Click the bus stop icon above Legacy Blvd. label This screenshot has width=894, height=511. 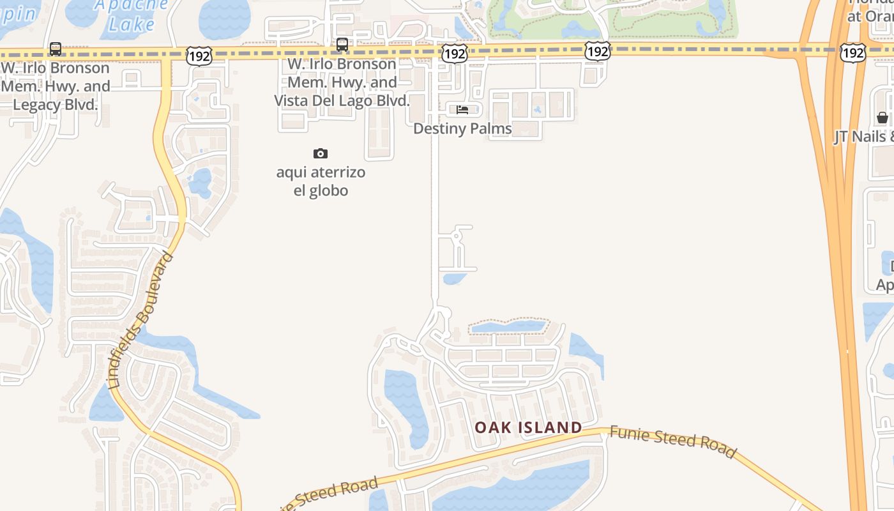(x=56, y=49)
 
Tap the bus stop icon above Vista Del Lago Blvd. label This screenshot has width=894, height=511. (x=342, y=45)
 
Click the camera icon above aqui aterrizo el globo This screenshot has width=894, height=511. (x=321, y=153)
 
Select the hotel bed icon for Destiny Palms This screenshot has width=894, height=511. (x=462, y=110)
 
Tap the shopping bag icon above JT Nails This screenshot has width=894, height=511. (x=882, y=118)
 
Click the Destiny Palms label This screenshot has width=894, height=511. (x=462, y=128)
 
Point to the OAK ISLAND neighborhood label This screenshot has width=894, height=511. (x=528, y=427)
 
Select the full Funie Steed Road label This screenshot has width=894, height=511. (x=672, y=441)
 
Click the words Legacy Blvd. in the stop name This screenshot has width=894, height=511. (x=56, y=105)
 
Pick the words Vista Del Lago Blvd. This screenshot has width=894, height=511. (x=342, y=101)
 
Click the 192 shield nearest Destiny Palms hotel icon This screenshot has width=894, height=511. (x=454, y=54)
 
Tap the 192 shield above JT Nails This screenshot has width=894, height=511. (x=852, y=52)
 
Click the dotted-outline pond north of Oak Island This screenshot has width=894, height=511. (x=507, y=327)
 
